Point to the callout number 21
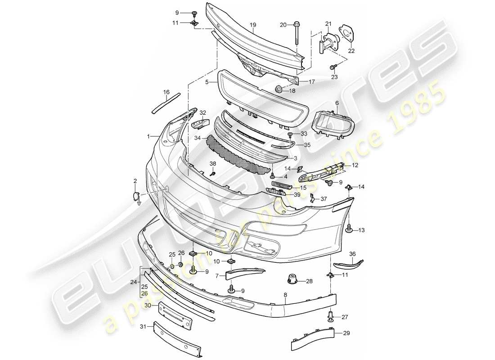point(328,24)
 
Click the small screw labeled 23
point(333,67)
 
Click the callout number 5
point(207,83)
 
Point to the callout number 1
point(148,135)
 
